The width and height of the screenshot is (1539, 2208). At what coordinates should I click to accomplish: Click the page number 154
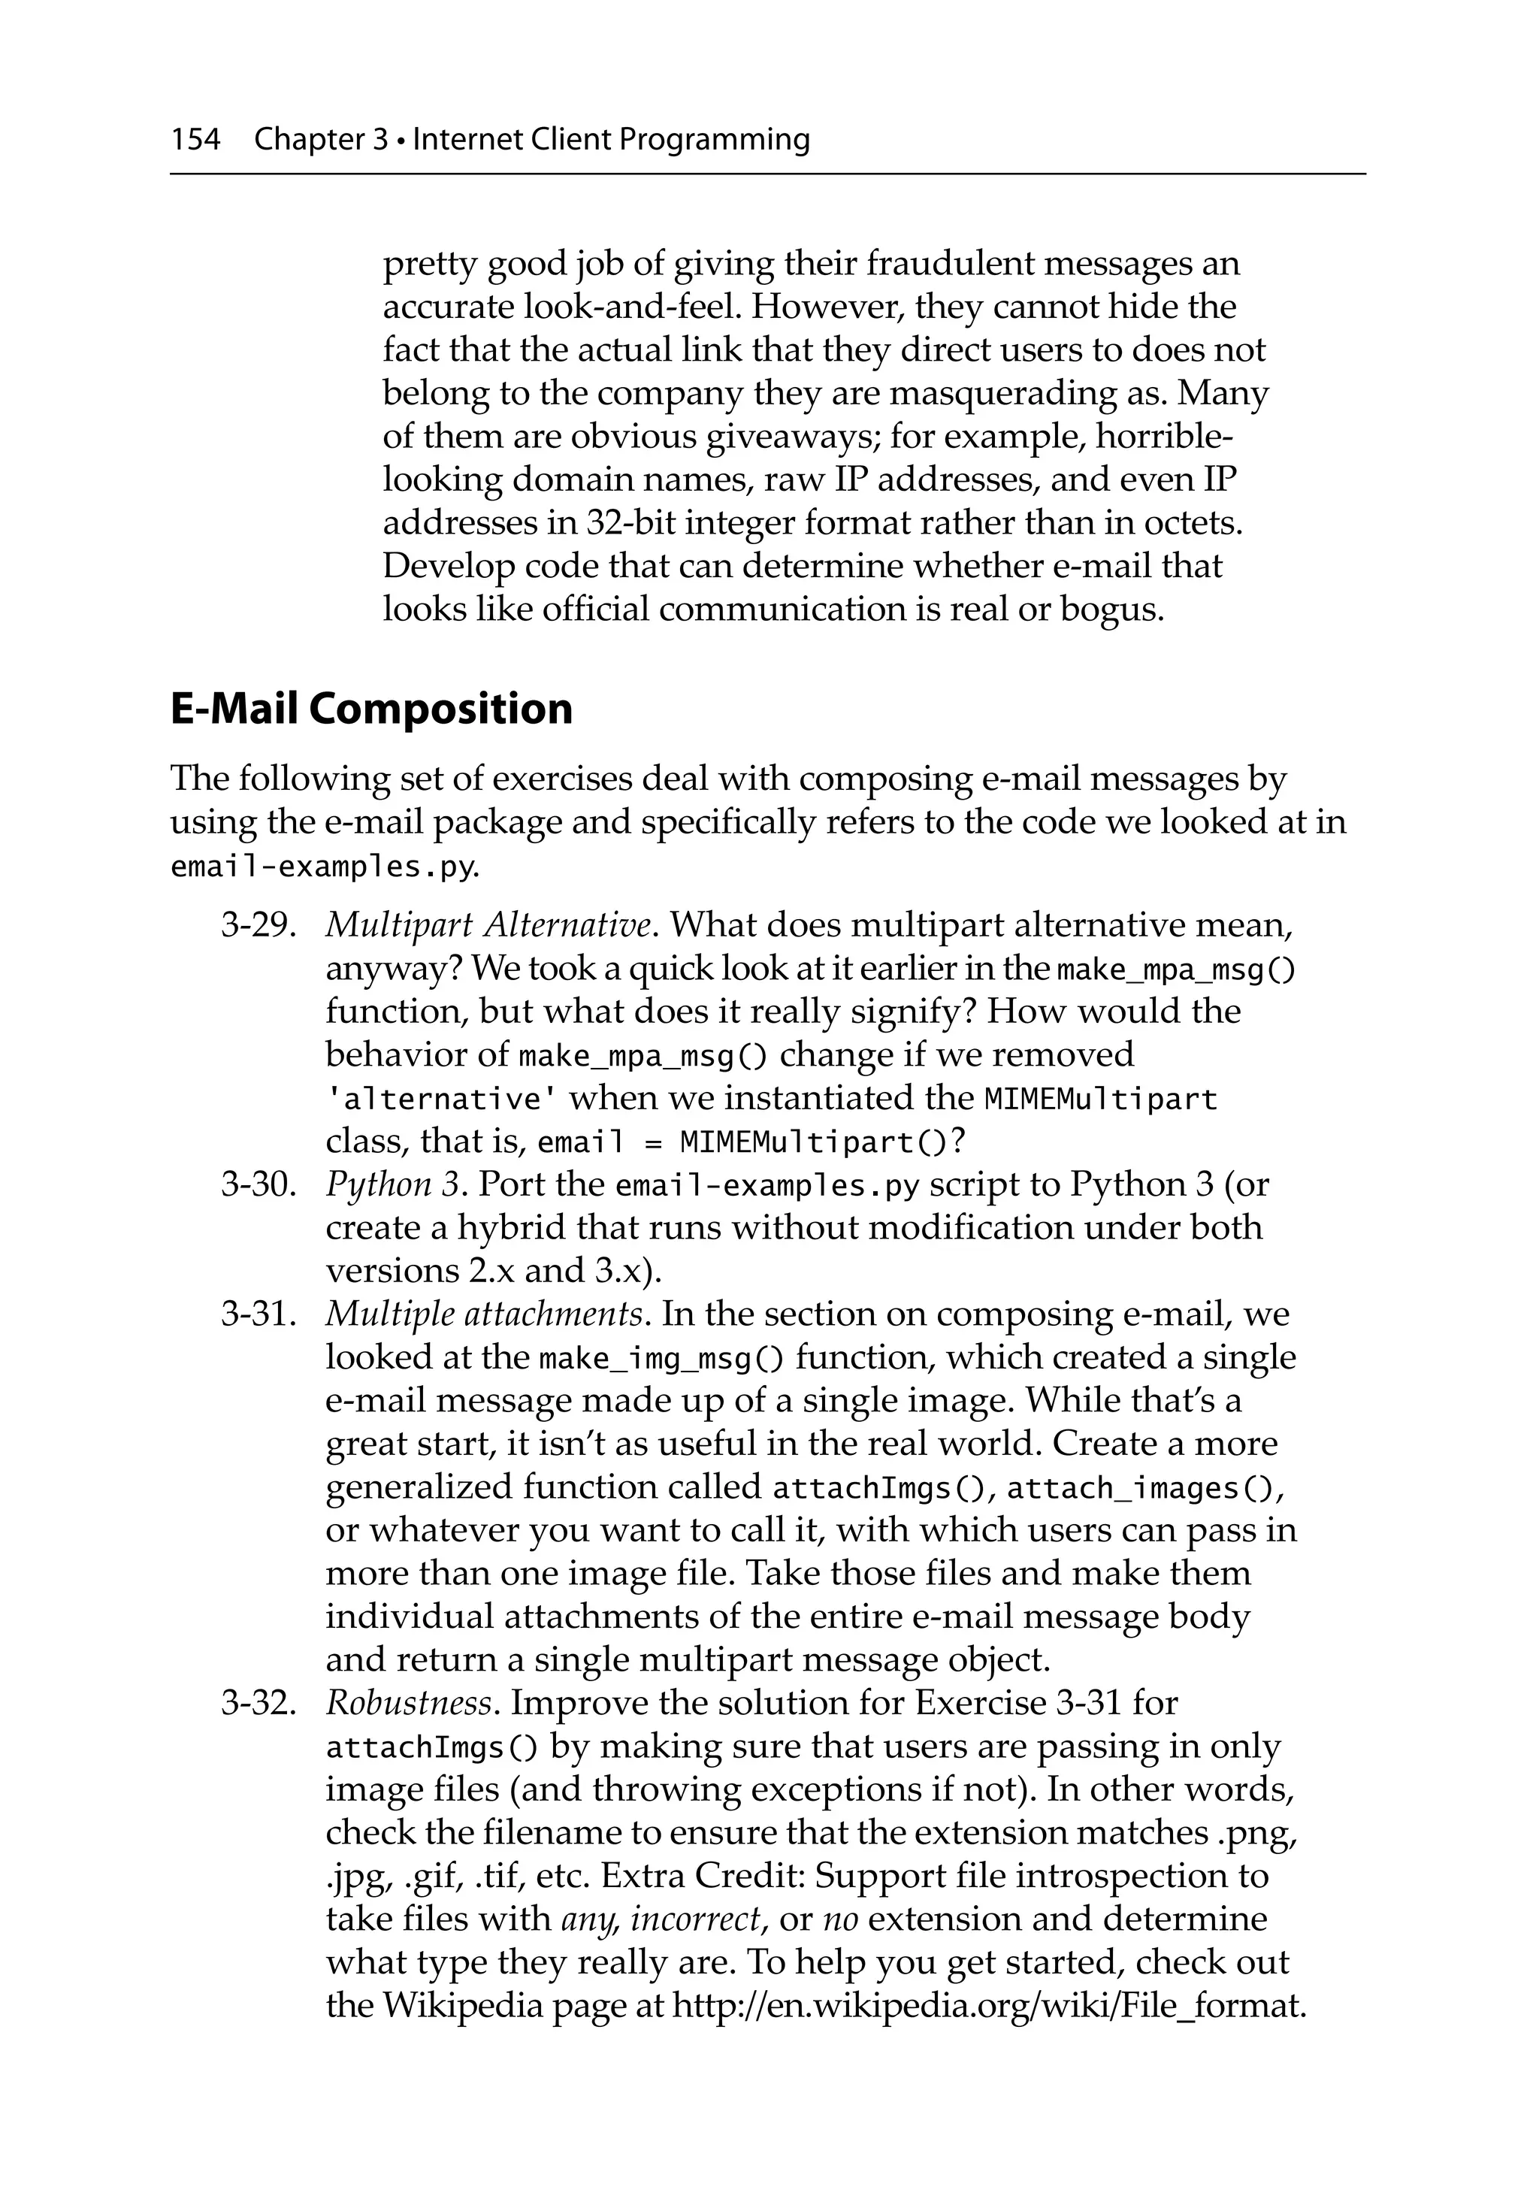pos(195,141)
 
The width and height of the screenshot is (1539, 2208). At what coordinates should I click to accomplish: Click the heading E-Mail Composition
pos(371,709)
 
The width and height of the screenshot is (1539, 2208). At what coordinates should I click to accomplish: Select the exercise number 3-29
pos(257,925)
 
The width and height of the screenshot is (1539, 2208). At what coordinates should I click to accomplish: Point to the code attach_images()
pos(1144,1489)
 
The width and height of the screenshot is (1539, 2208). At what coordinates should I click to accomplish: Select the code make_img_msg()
pos(662,1359)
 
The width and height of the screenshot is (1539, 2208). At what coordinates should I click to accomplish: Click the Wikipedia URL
pos(988,2005)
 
